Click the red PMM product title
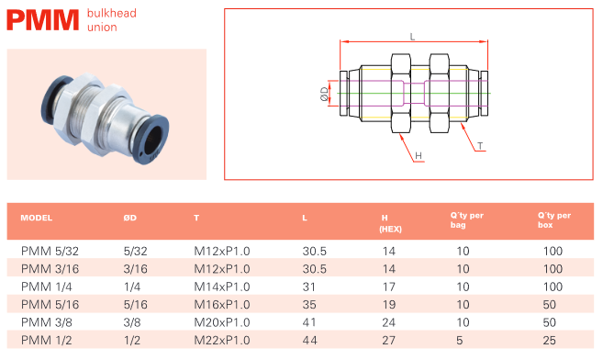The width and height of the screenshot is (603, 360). (x=43, y=20)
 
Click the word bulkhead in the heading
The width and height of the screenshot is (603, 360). (x=112, y=13)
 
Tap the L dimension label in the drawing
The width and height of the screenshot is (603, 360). (x=412, y=37)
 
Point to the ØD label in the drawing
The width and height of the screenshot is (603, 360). (x=325, y=94)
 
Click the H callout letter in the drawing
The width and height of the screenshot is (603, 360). (x=419, y=155)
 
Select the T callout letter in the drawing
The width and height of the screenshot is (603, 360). (x=480, y=146)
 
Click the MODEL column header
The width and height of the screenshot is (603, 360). (x=36, y=218)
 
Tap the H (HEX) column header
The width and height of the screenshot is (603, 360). (x=390, y=223)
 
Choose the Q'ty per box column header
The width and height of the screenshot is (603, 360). (x=554, y=220)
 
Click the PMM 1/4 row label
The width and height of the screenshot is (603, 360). (x=47, y=287)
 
